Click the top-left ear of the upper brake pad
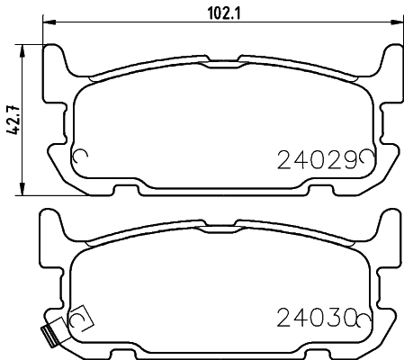(55, 59)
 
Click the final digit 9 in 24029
(349, 161)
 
